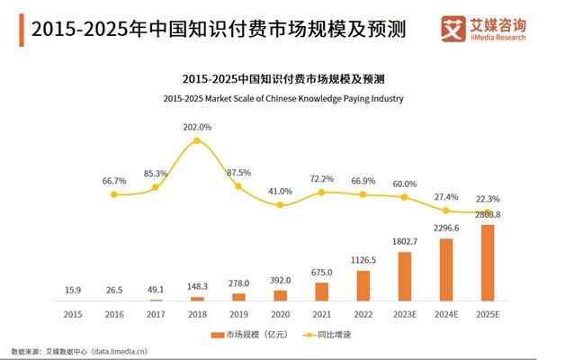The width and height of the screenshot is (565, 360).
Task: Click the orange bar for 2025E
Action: pos(488,262)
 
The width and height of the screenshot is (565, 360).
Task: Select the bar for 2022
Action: pos(363,284)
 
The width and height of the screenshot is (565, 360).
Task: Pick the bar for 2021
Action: pos(322,291)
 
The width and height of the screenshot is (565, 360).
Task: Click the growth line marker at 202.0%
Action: pos(197,141)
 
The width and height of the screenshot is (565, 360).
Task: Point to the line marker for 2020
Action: pos(280,205)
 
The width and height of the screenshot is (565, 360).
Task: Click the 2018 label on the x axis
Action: pos(197,315)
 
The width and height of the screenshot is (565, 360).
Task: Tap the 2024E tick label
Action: pos(446,315)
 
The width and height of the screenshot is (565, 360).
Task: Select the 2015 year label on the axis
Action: pos(73,315)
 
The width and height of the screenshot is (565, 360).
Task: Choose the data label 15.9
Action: pos(73,289)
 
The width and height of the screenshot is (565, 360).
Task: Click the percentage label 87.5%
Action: pos(239,172)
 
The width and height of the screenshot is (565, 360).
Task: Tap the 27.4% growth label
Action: pos(446,196)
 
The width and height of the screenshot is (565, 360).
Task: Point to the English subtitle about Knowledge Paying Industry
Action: pos(282,98)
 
